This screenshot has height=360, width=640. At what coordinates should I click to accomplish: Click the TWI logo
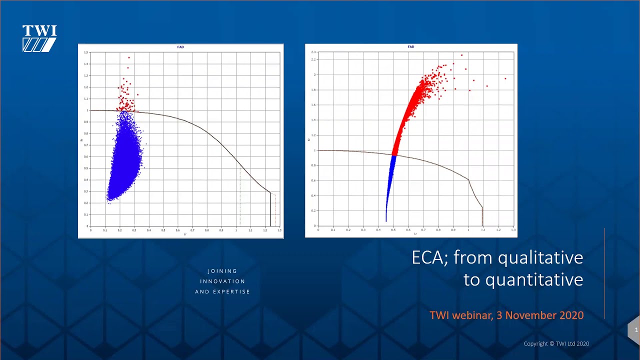39,38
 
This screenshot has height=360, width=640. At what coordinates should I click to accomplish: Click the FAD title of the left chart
180,47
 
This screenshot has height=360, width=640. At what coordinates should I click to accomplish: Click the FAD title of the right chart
410,47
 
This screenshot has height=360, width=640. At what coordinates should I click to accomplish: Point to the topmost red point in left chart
128,57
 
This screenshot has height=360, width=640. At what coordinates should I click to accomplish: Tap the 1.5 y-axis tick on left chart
86,52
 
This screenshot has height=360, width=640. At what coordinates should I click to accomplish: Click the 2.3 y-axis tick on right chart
313,52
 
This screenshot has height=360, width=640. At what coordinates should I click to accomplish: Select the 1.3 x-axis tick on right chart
512,230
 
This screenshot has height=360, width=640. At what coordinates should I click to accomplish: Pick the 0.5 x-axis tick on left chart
163,230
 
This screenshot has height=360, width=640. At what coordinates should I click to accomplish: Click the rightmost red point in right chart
505,78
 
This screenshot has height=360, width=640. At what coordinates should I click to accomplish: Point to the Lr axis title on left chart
184,234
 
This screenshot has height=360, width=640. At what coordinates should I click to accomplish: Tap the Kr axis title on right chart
308,139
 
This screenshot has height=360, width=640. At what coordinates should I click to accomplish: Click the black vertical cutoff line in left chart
270,210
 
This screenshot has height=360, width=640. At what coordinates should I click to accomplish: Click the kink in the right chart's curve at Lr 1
468,180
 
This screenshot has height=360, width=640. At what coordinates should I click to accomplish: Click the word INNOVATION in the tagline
222,281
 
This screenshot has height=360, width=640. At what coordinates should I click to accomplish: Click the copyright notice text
556,344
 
